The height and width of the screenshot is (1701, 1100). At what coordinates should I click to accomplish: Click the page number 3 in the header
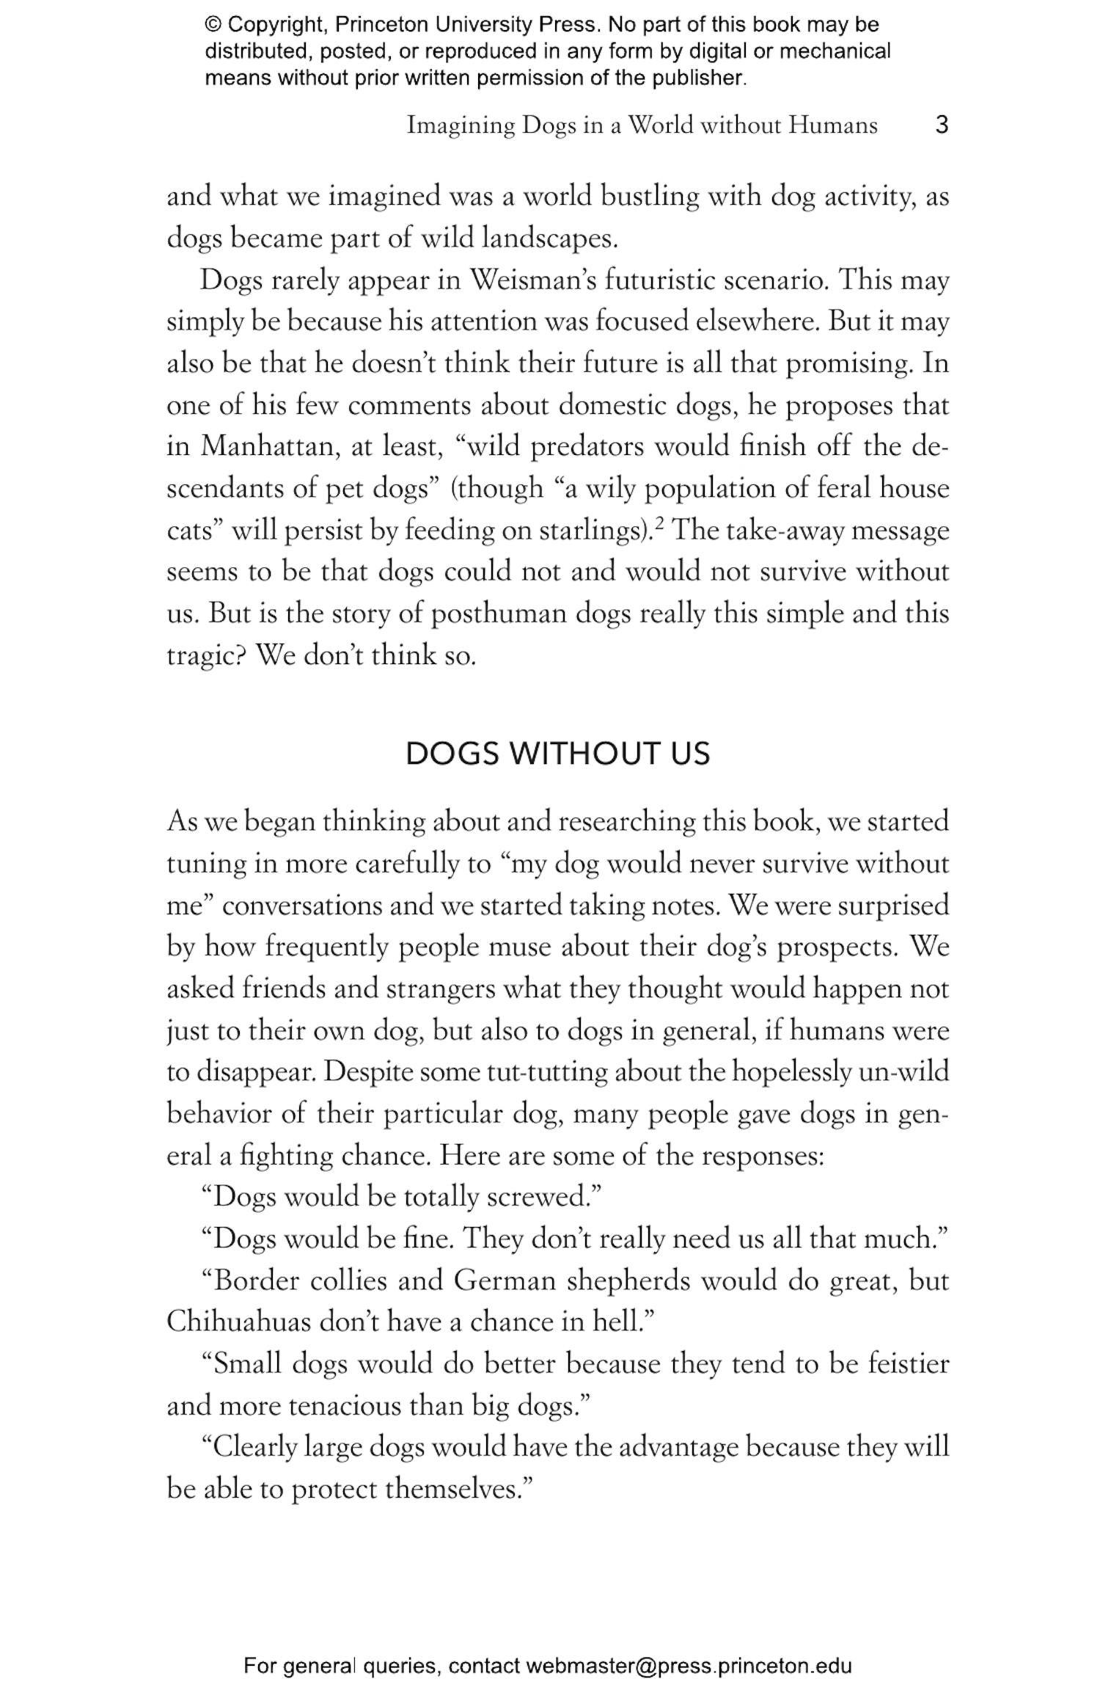[942, 125]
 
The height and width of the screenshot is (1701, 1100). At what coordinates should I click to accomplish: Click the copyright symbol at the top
[213, 25]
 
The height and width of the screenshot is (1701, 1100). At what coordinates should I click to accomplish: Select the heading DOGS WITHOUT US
[557, 754]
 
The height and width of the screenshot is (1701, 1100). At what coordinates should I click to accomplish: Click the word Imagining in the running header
[461, 125]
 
